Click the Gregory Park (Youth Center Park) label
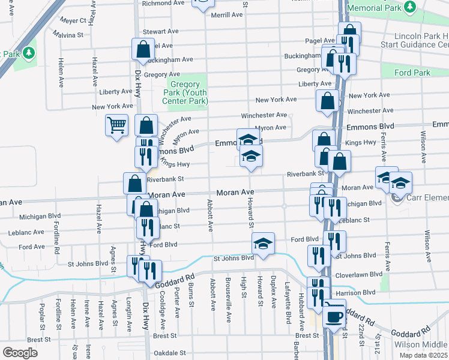(x=188, y=92)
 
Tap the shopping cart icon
(x=117, y=125)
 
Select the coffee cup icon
(x=335, y=314)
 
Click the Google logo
(x=20, y=353)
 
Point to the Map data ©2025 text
(x=423, y=355)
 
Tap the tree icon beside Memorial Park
(x=411, y=7)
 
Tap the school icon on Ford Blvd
(x=263, y=243)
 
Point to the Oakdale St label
(x=168, y=353)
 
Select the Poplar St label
(x=43, y=313)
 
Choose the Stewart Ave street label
(x=160, y=31)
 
